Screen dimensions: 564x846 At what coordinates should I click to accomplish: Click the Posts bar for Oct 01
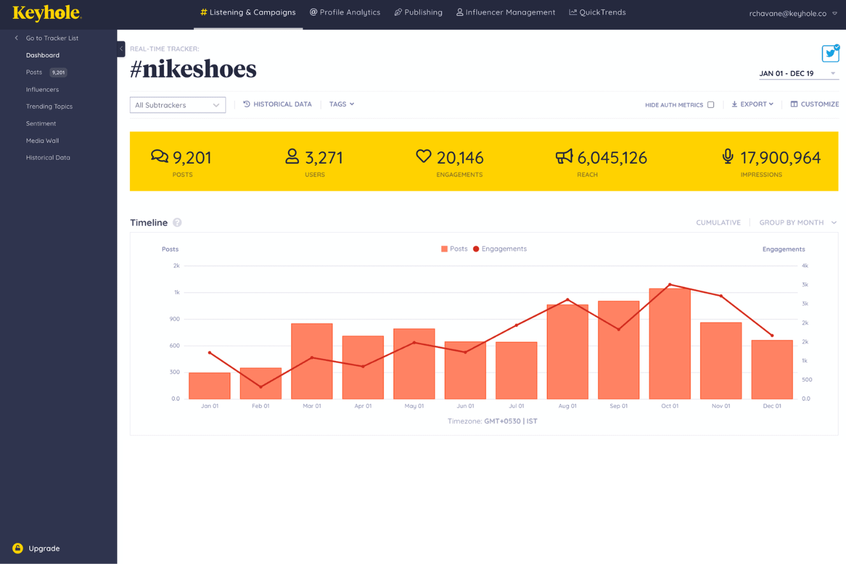(669, 343)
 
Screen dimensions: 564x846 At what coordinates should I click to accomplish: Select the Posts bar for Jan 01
(209, 386)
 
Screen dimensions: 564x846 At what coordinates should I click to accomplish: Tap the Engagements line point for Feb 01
(261, 387)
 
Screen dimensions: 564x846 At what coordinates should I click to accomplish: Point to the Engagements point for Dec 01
(772, 335)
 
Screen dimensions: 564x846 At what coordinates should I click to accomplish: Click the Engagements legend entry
(500, 249)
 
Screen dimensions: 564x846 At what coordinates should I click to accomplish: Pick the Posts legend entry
(454, 249)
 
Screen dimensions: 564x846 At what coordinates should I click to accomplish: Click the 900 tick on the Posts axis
(174, 319)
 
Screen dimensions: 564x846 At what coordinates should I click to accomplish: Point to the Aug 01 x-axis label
(567, 406)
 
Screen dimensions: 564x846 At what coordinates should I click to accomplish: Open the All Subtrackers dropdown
(177, 105)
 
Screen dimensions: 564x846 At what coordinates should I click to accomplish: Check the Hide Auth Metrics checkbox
(711, 105)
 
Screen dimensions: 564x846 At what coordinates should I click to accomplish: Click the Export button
(752, 104)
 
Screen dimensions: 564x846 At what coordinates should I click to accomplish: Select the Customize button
(815, 104)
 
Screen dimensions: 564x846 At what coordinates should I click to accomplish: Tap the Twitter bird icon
(830, 53)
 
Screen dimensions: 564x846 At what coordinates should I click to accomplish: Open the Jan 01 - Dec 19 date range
(797, 73)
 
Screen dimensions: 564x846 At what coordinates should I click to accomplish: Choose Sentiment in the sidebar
(41, 123)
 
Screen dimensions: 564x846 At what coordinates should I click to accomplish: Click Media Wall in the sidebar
(42, 141)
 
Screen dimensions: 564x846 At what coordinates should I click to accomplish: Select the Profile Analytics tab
(345, 12)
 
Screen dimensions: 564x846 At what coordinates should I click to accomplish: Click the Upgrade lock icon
(18, 548)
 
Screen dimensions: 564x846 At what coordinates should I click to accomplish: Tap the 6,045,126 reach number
(612, 158)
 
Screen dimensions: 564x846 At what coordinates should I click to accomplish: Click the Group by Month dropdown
(797, 222)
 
